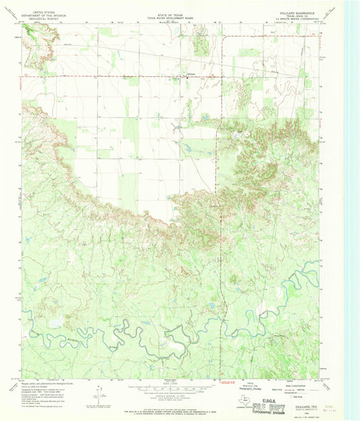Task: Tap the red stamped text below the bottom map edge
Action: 229,382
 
